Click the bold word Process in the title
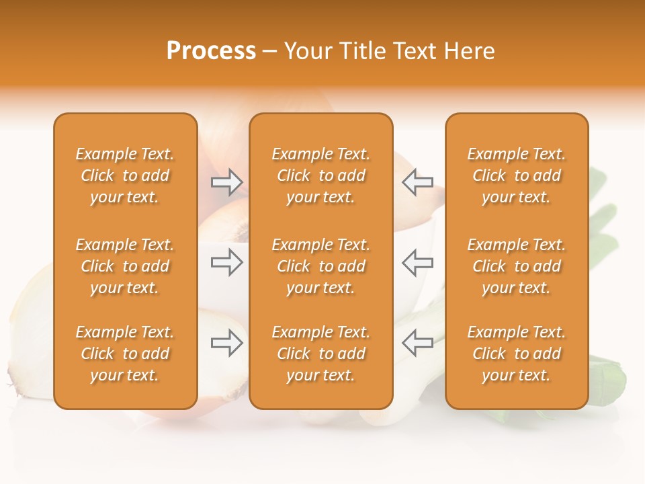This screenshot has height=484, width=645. (x=211, y=51)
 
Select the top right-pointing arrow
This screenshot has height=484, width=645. (x=226, y=182)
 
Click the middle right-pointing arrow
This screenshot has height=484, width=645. (x=226, y=262)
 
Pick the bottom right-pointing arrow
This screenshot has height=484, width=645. (x=226, y=343)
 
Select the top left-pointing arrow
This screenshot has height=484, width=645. (x=417, y=182)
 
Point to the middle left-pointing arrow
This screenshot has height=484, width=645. (x=417, y=262)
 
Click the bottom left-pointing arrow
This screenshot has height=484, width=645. (x=417, y=343)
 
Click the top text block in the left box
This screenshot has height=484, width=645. (x=125, y=175)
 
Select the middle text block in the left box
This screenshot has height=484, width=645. (x=125, y=266)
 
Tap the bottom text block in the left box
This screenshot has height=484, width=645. (x=125, y=354)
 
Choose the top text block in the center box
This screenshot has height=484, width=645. (x=321, y=175)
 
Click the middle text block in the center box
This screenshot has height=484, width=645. (x=321, y=266)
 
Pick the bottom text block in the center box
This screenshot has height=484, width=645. (x=321, y=354)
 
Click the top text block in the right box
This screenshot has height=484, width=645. (x=517, y=175)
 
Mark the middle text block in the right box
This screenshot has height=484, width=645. (x=517, y=266)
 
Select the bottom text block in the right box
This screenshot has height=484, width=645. (x=517, y=354)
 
